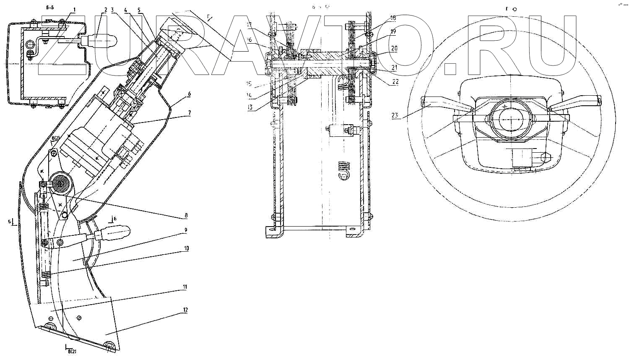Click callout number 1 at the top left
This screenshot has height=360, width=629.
pyautogui.click(x=74, y=9)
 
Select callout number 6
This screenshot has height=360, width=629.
pyautogui.click(x=189, y=94)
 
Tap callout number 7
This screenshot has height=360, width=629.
pyautogui.click(x=189, y=113)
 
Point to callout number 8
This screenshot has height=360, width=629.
pyautogui.click(x=186, y=216)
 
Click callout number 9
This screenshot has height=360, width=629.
pyautogui.click(x=185, y=230)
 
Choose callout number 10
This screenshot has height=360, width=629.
pyautogui.click(x=186, y=248)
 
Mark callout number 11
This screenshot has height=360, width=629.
pyautogui.click(x=185, y=287)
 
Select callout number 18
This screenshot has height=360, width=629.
pyautogui.click(x=392, y=18)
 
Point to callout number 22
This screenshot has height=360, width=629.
pyautogui.click(x=395, y=82)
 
